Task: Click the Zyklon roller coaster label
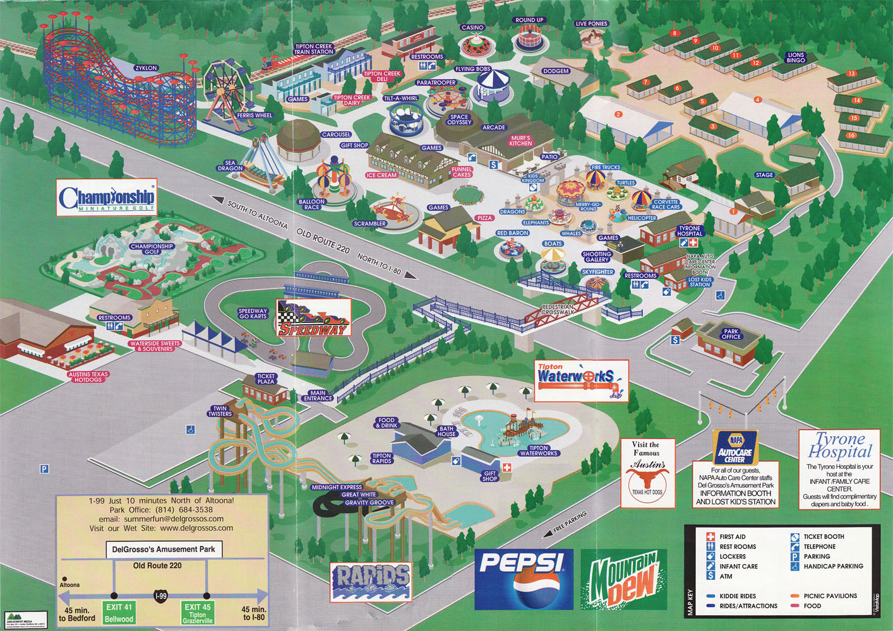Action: pos(146,68)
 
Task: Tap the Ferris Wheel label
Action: pos(255,115)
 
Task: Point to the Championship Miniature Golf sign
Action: pos(106,198)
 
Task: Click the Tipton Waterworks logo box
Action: pos(581,380)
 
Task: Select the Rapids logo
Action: pos(371,581)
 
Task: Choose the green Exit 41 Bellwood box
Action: pos(119,613)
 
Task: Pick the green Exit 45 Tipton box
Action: pos(197,613)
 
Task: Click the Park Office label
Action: pos(731,334)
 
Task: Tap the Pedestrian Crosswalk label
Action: pos(558,309)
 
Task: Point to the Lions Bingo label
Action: pos(796,57)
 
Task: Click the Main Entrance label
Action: pos(318,396)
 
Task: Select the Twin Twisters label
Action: pos(220,411)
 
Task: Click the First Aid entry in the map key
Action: pos(732,537)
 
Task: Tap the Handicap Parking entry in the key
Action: pos(833,566)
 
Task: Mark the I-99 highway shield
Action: pos(161,596)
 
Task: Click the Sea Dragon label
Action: pos(230,165)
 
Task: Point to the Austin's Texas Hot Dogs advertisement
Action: pos(647,473)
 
